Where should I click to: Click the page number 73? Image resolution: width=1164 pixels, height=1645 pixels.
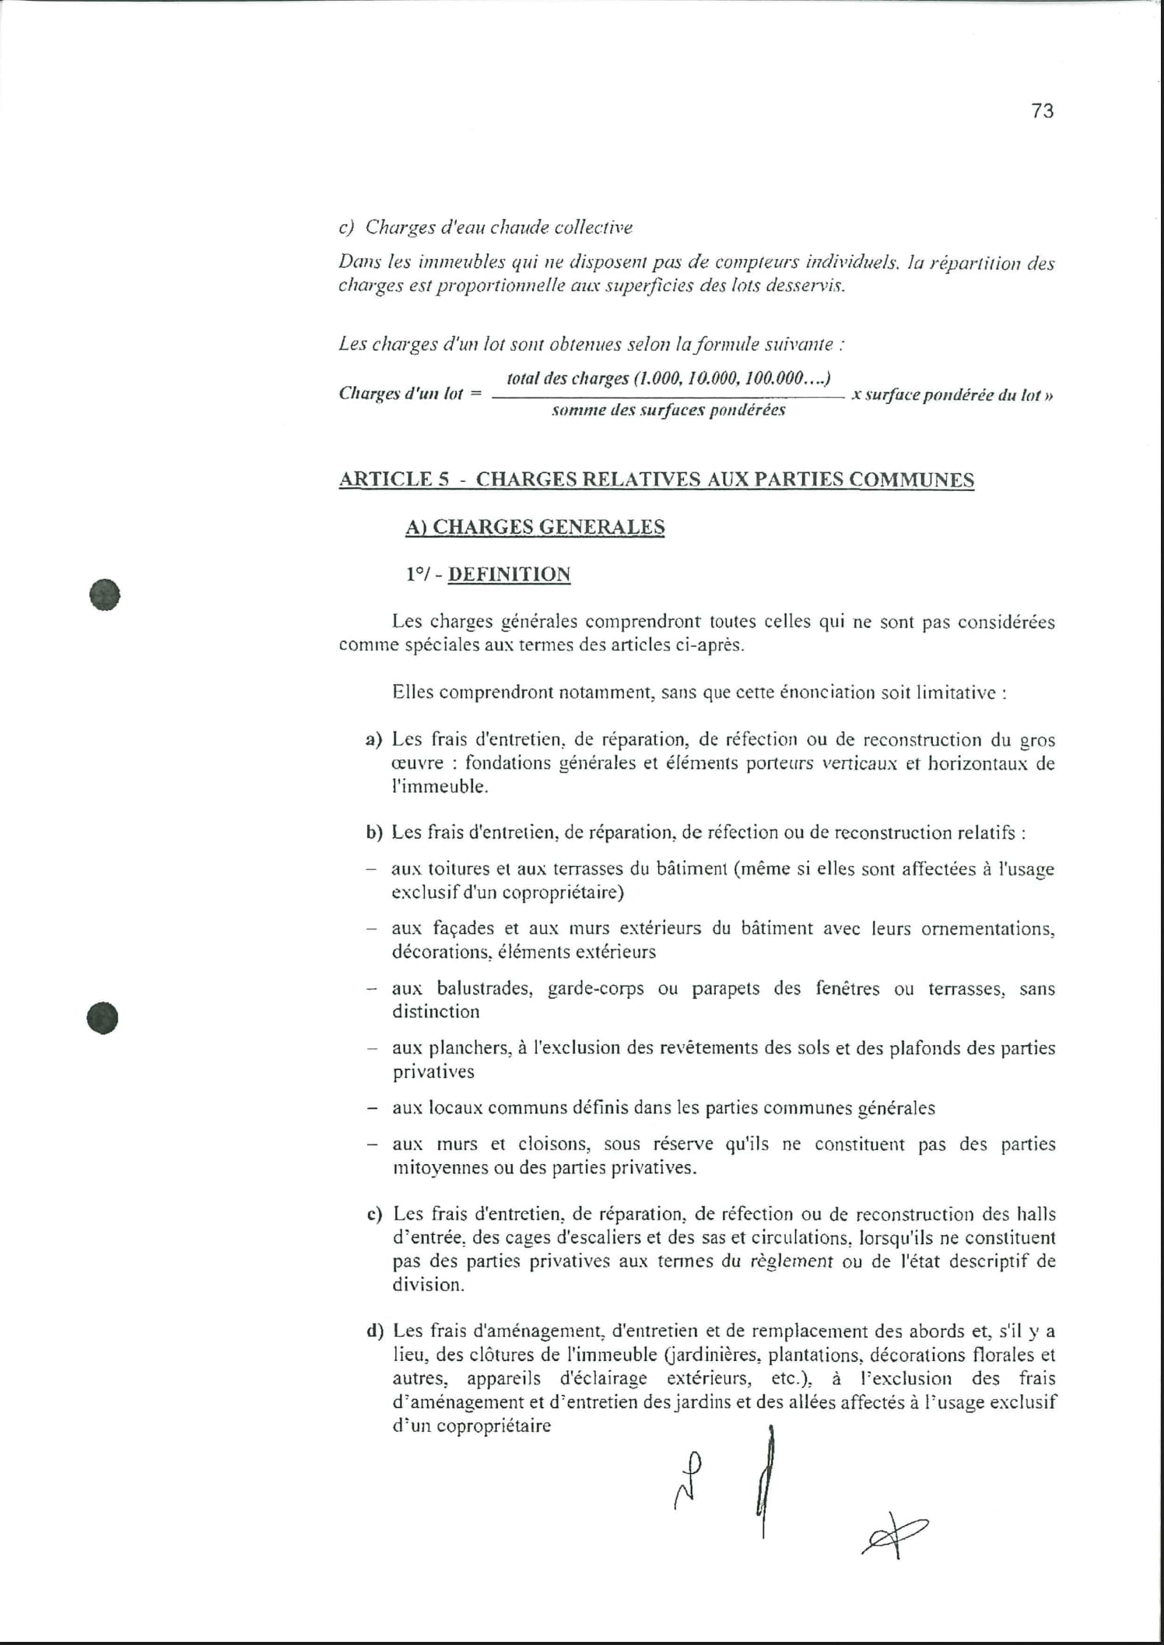(x=1042, y=111)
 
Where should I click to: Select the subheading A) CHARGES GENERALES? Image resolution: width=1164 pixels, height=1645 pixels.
(x=535, y=527)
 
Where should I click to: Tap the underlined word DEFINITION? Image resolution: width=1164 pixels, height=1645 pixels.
(x=509, y=574)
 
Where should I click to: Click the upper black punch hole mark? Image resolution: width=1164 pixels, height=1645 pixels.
(x=104, y=595)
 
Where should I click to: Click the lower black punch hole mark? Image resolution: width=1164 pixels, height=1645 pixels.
(x=103, y=1018)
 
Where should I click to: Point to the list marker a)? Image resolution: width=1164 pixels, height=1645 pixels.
(x=373, y=739)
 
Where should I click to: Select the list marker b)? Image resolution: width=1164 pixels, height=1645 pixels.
(x=374, y=833)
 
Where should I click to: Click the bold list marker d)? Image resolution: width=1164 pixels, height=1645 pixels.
(x=374, y=1331)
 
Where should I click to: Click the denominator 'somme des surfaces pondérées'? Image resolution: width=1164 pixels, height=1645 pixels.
(x=668, y=410)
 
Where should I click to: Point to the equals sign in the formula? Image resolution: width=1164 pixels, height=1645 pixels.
(x=476, y=394)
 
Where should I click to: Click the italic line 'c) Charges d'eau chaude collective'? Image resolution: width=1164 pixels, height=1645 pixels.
(x=486, y=227)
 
